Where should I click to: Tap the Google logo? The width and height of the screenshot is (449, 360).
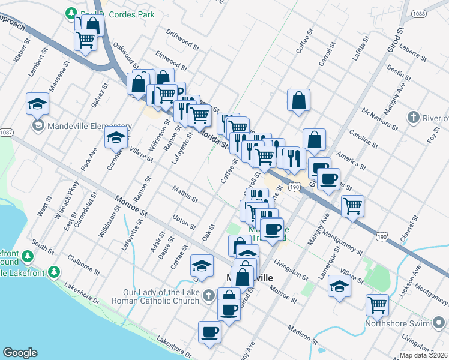20,352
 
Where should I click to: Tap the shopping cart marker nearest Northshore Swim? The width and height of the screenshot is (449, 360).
378,305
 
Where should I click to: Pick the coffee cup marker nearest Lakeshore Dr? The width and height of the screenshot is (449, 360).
210,332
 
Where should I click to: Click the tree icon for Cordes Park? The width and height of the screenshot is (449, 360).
71,13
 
